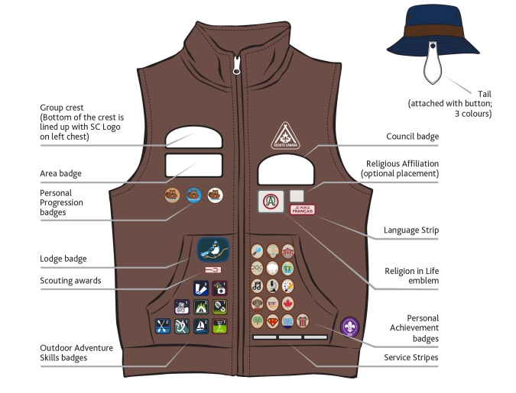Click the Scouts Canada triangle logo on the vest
tap(284, 136)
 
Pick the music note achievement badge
tap(257, 285)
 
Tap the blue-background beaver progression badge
tap(193, 195)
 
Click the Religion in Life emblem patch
tap(270, 202)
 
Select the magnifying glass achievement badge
tap(257, 250)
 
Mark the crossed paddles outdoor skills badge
tap(163, 326)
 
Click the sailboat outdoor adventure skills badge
tap(200, 326)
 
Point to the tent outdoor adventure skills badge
tap(200, 307)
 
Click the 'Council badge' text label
tap(413, 137)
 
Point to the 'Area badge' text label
tap(60, 174)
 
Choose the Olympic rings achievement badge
tap(257, 268)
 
